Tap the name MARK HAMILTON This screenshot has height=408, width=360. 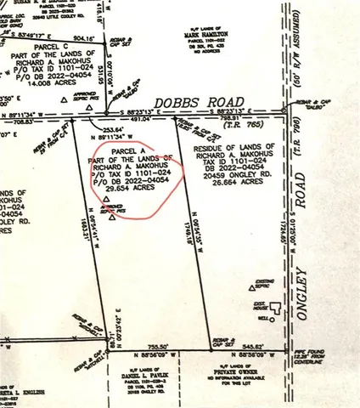tap(207, 36)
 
